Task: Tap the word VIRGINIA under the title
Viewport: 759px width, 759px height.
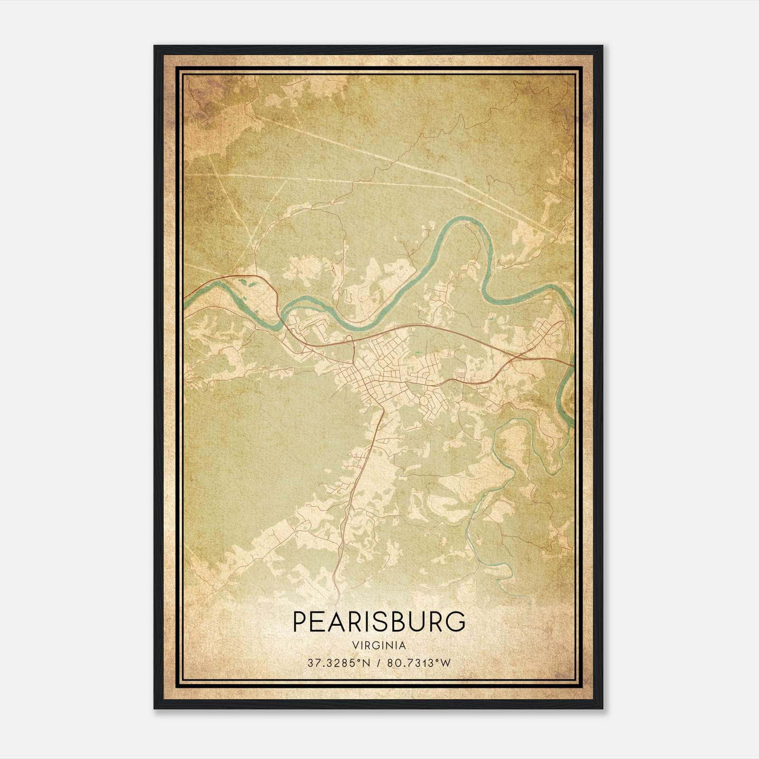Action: (379, 646)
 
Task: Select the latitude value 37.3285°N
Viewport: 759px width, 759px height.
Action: (338, 663)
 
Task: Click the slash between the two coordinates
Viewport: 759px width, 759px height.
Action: (379, 663)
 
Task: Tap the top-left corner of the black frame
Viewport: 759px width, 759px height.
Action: (155, 46)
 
